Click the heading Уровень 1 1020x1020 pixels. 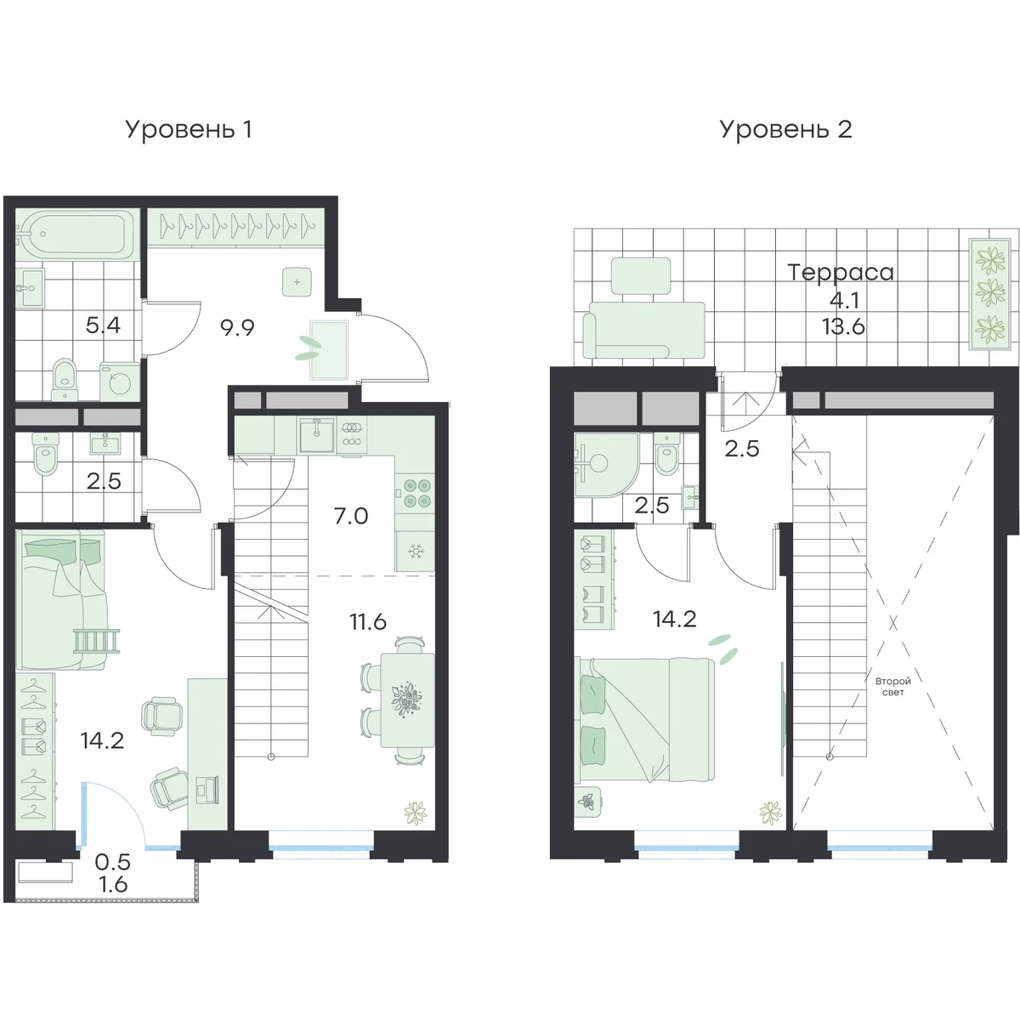click(189, 130)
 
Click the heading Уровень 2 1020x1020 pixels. click(785, 130)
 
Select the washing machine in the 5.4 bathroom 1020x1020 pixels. click(120, 382)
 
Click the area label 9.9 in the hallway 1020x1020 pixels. click(238, 327)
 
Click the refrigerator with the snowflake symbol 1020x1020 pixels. click(416, 551)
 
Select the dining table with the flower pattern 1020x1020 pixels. click(407, 700)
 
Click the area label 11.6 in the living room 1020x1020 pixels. click(368, 621)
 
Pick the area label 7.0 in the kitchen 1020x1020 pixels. click(351, 516)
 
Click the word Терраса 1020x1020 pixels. click(841, 272)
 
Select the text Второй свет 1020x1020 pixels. click(893, 687)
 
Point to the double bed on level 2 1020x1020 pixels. click(644, 719)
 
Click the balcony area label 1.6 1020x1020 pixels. click(113, 884)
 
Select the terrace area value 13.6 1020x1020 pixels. click(843, 326)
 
